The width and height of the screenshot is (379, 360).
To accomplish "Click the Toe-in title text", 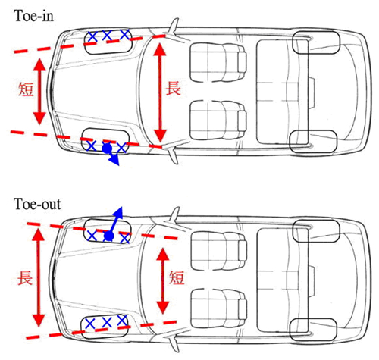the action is click(33, 16).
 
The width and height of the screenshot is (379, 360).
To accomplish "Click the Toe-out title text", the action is click(37, 204).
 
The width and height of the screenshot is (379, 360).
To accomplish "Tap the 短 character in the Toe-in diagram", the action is click(26, 89).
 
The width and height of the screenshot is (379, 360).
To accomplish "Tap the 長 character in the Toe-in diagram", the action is click(173, 88).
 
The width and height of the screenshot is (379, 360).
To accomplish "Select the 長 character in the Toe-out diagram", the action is click(25, 278).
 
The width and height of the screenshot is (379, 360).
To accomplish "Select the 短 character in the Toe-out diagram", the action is click(177, 277).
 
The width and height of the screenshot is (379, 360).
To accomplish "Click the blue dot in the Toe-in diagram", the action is click(107, 149).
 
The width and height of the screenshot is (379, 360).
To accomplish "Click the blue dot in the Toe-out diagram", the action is click(109, 236).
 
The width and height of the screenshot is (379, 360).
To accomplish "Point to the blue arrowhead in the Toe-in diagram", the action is click(114, 160).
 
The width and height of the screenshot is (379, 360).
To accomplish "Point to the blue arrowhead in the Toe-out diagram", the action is click(118, 212).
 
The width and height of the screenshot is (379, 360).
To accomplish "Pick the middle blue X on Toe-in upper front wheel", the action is click(107, 36).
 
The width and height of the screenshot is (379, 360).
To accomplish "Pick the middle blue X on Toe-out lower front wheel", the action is click(107, 322).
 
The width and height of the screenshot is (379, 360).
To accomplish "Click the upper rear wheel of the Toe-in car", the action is click(316, 42).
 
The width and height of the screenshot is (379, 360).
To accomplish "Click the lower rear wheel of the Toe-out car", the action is click(313, 329).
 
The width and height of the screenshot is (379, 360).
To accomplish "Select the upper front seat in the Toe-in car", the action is click(218, 62).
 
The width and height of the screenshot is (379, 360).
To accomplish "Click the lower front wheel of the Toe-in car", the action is click(105, 141).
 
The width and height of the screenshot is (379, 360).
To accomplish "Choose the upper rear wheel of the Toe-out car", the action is click(316, 231).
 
